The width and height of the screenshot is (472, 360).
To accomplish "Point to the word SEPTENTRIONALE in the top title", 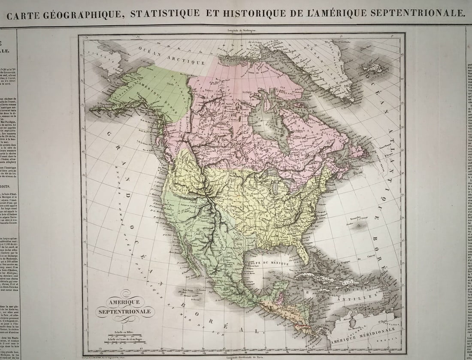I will click(415, 13).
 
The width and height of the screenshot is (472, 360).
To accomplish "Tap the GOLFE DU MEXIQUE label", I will click(269, 263).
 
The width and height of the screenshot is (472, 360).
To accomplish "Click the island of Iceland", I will click(372, 67).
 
